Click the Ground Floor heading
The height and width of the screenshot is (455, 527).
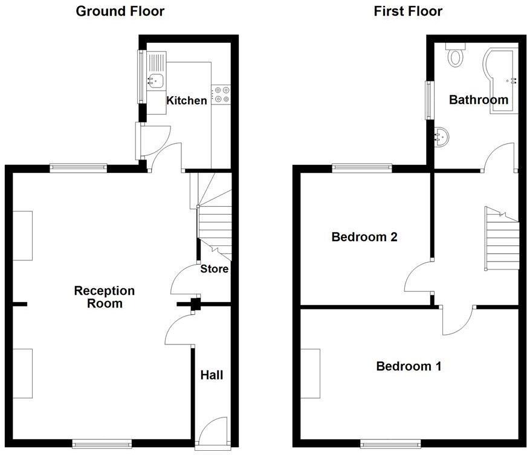(x=120, y=11)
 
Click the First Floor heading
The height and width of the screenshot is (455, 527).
(x=408, y=11)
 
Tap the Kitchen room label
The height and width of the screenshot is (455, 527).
(x=187, y=100)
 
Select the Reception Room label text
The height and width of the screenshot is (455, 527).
(x=104, y=297)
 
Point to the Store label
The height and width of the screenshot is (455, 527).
(x=215, y=268)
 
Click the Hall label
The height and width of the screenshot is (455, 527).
(x=212, y=375)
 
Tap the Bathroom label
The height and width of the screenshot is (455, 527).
(x=478, y=100)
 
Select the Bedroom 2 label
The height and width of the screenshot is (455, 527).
(x=364, y=237)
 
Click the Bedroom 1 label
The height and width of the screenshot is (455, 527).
(x=409, y=366)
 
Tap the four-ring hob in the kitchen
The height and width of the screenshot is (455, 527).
(x=221, y=94)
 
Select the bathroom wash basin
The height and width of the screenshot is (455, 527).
(x=441, y=137)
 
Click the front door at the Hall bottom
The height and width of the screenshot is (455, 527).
(x=212, y=434)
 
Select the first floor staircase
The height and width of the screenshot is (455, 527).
(x=502, y=240)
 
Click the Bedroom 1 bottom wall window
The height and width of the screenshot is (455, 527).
(x=390, y=444)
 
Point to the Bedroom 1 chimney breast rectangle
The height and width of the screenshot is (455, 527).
(x=311, y=373)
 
